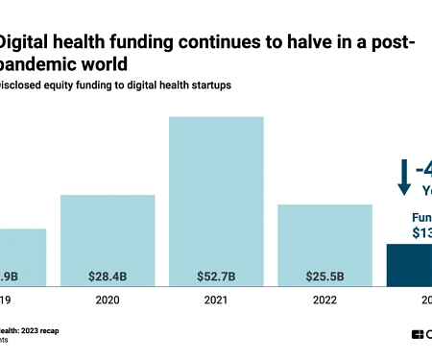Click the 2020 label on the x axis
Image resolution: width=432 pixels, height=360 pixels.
point(108,299)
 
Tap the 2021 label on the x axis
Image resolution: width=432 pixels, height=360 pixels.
point(216,299)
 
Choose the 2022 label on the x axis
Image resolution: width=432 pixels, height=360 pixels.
point(324,299)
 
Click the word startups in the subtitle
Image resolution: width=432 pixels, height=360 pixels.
point(206,84)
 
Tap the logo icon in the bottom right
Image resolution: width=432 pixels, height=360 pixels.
point(418,334)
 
